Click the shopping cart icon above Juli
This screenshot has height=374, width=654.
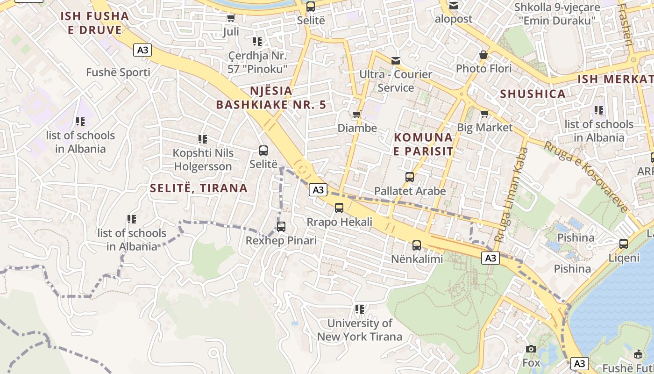coord(231,18)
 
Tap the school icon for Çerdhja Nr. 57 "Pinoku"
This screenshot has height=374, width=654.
coord(257,42)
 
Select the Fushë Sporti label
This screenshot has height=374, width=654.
coord(118,72)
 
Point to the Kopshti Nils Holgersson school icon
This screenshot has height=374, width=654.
coord(203,139)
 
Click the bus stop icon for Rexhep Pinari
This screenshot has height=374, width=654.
coord(281,227)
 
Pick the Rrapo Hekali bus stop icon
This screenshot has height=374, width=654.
coord(339,208)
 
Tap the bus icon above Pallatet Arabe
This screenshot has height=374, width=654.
coord(410,177)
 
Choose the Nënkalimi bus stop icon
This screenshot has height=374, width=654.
coord(417,245)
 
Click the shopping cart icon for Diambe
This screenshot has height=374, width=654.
coord(357,114)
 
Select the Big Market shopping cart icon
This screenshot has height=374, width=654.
coord(484,114)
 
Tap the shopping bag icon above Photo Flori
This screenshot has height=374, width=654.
coord(483,55)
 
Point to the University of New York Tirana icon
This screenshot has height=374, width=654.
coord(359,309)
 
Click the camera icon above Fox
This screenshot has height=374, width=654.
coord(531,349)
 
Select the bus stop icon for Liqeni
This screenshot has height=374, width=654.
coord(624,244)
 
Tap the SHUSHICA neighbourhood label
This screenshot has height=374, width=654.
coord(533,93)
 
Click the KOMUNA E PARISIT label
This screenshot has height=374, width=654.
coord(423,144)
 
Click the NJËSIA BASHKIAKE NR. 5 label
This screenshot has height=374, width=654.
coord(271,97)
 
